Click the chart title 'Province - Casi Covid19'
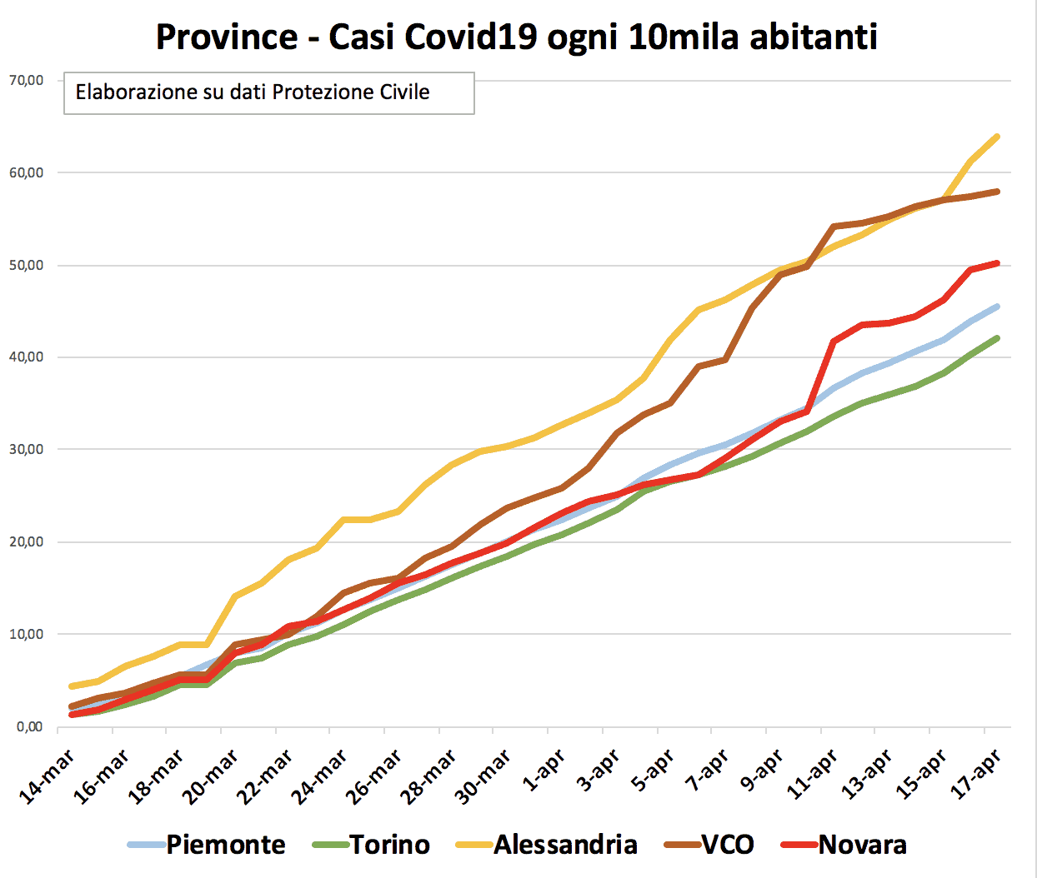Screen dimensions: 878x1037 coord(517,37)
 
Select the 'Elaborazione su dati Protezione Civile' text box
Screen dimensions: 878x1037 coord(268,92)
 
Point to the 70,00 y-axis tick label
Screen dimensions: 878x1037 coord(26,81)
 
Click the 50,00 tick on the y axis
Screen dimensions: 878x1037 coord(26,265)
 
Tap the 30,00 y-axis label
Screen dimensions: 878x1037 coord(26,450)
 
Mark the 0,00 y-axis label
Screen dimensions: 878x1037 coord(29,726)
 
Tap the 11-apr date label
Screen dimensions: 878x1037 coord(812,775)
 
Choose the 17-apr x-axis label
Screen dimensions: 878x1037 coord(976,775)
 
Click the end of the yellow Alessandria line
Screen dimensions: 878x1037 coord(998,137)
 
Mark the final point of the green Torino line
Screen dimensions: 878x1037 coord(998,338)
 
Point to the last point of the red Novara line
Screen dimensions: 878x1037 coord(998,263)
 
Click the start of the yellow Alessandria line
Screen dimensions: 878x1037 coord(72,686)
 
